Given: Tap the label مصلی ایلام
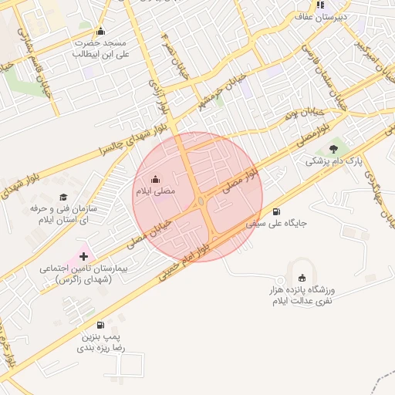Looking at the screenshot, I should [x=157, y=191].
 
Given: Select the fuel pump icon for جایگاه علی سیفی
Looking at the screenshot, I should [x=276, y=212].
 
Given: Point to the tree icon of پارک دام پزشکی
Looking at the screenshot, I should [x=333, y=149].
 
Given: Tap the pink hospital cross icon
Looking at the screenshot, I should [x=84, y=255].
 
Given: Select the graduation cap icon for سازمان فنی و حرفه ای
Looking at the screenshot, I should [x=62, y=197].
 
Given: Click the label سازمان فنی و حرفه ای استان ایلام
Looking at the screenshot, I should [x=62, y=214].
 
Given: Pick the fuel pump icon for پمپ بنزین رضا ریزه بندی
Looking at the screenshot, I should [x=100, y=325].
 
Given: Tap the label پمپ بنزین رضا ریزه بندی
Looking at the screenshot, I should [x=100, y=343].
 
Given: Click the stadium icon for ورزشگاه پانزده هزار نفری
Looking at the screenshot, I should [x=301, y=279].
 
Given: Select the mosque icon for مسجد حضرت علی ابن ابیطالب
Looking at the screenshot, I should [x=100, y=32].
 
